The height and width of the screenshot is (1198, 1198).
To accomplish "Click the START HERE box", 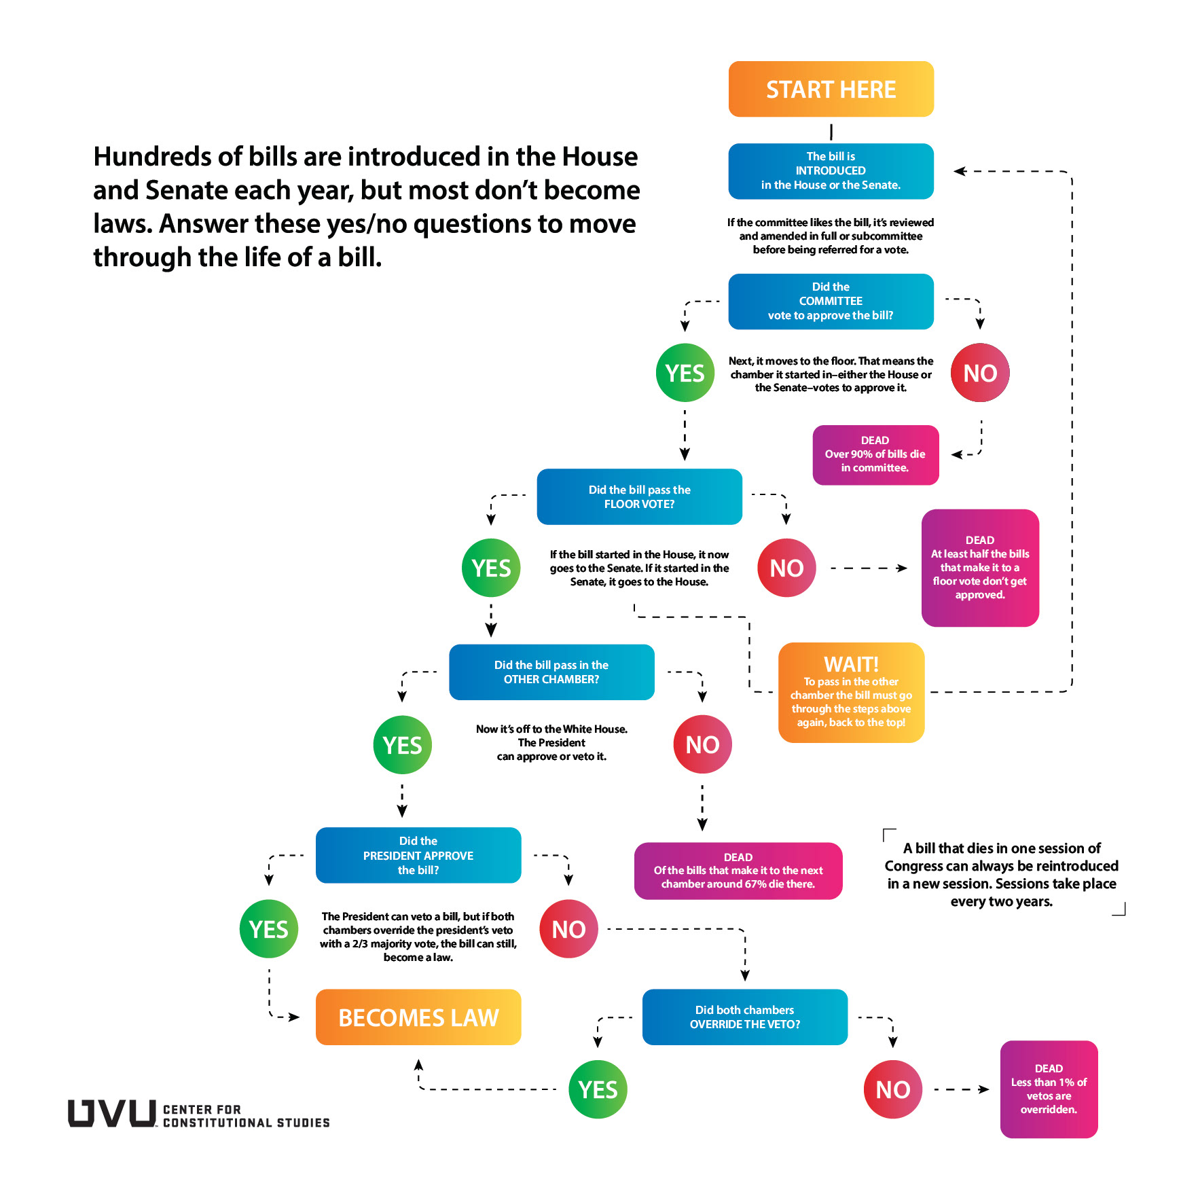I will click(831, 89).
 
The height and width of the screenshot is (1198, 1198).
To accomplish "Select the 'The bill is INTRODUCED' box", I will click(831, 170).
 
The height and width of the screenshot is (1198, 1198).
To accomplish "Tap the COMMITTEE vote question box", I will click(831, 301).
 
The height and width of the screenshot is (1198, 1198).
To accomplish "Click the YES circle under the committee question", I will click(685, 373).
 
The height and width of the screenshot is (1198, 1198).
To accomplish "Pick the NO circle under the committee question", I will click(979, 373).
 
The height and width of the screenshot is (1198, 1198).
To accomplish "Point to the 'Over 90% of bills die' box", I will click(875, 454).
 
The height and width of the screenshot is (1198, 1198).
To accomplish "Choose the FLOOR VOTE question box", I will click(639, 496).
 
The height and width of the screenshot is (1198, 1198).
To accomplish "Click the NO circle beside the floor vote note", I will click(786, 568).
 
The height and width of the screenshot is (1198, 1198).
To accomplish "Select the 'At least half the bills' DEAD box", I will click(979, 568).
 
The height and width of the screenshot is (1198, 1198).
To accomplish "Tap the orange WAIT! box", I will click(851, 692).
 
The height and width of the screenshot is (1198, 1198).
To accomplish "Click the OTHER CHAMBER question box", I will click(551, 672).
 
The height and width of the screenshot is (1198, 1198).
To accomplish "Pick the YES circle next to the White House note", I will click(402, 745).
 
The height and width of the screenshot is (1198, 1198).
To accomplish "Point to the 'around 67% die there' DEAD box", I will click(738, 871).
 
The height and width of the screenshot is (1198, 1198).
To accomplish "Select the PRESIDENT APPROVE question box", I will click(418, 855).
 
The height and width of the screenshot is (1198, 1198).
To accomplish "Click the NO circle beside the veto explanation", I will click(568, 929).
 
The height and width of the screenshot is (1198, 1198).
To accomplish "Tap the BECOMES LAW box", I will click(418, 1017).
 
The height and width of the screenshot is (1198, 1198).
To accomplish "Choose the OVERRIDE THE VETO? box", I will click(744, 1017).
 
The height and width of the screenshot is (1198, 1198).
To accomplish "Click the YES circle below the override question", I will click(598, 1089).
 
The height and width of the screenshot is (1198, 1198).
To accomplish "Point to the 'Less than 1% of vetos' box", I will click(1049, 1089).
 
